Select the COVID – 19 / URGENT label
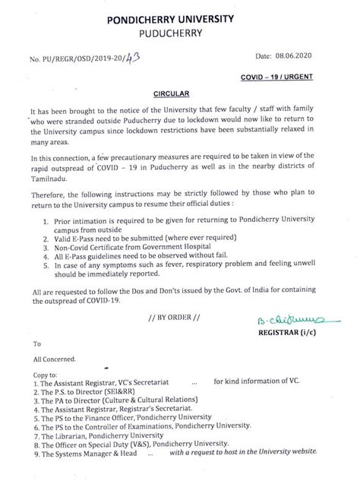304,78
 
